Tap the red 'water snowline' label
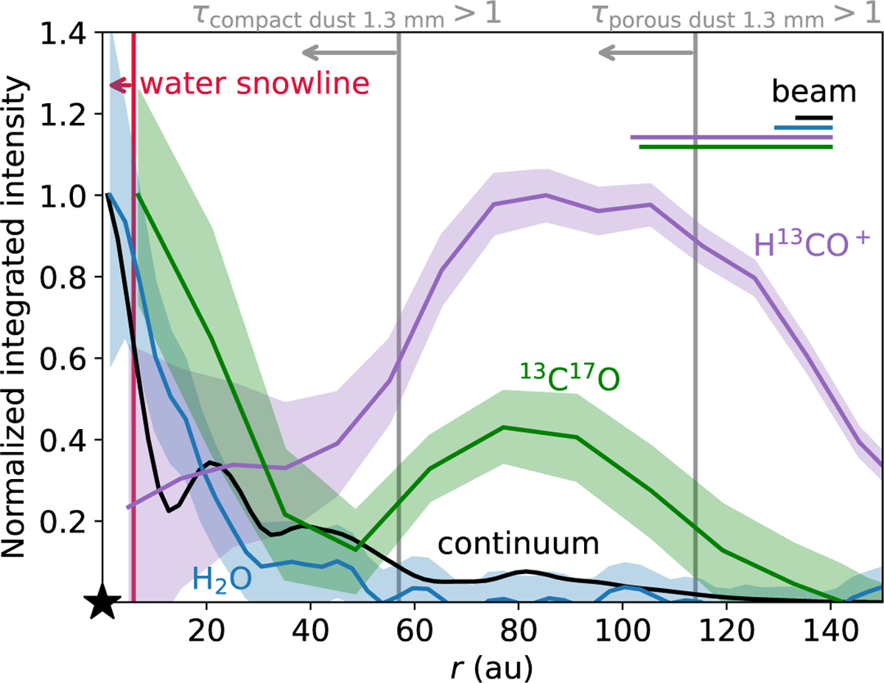pyautogui.click(x=254, y=84)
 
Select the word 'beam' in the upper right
pyautogui.click(x=813, y=92)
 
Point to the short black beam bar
pyautogui.click(x=814, y=117)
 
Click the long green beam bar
pyautogui.click(x=735, y=146)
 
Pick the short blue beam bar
pyautogui.click(x=803, y=127)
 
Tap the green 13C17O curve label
pyautogui.click(x=566, y=377)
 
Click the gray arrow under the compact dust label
pyautogui.click(x=350, y=52)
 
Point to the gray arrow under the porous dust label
pyautogui.click(x=646, y=52)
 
